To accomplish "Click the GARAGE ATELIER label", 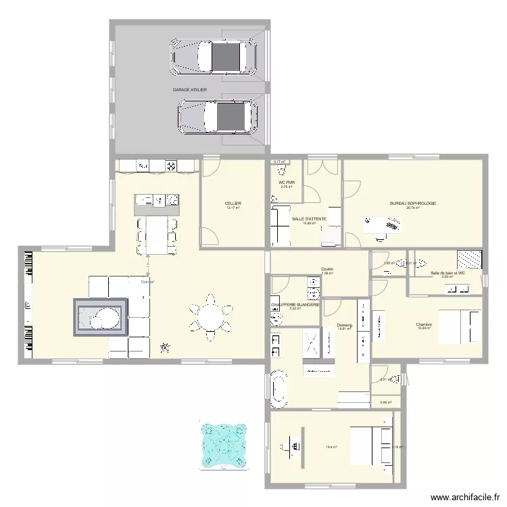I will click(x=189, y=90).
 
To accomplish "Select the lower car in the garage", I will click(x=218, y=116).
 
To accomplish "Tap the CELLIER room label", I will click(x=233, y=203).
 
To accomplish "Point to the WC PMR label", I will click(x=287, y=183).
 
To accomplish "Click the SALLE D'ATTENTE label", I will click(x=310, y=219).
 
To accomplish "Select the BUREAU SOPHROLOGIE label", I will click(x=412, y=203).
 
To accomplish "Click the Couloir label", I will click(x=327, y=269).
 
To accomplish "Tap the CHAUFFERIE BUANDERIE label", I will click(x=295, y=305).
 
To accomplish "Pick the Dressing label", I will click(x=345, y=324).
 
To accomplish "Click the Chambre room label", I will click(x=424, y=324).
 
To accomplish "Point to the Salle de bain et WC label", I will click(x=448, y=273).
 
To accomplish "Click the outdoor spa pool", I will click(x=222, y=446).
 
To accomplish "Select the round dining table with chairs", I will click(x=210, y=315).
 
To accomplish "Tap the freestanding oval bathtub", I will click(x=278, y=389).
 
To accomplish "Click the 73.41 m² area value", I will click(x=147, y=282).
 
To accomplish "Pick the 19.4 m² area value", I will click(x=332, y=447).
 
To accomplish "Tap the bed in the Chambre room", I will click(x=460, y=326).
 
